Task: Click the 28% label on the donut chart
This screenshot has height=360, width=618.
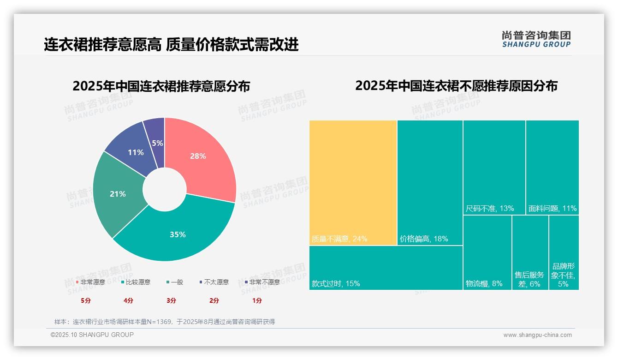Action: click(x=198, y=156)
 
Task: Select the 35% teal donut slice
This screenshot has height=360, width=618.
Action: click(x=178, y=234)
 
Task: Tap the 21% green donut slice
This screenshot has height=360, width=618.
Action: click(x=118, y=194)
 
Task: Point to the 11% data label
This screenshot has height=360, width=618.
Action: click(x=136, y=152)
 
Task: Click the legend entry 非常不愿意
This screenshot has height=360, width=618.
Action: click(x=264, y=282)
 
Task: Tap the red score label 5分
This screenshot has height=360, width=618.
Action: click(x=86, y=300)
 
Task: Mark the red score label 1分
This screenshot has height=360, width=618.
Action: click(x=257, y=300)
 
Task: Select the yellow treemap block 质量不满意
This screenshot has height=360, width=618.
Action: click(x=353, y=182)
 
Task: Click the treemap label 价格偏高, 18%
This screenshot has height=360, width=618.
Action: click(x=424, y=239)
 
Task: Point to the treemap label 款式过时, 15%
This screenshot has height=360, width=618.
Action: click(x=336, y=283)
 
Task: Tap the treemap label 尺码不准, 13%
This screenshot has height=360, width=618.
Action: click(x=490, y=209)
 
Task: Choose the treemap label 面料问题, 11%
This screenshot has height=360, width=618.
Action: click(x=553, y=209)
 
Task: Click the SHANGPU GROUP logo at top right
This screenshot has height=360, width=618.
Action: click(x=536, y=39)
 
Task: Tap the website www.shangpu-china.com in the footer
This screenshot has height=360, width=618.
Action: click(x=537, y=335)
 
